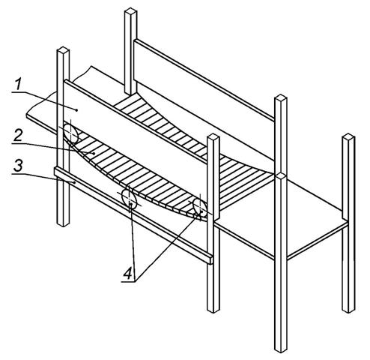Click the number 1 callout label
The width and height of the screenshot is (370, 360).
[17, 84]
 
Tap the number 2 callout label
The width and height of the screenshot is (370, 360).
[18, 135]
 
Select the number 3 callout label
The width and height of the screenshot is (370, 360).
[18, 166]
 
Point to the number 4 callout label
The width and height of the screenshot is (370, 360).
[127, 273]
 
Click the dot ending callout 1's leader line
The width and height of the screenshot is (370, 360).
[76, 110]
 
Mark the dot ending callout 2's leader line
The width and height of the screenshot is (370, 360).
[94, 154]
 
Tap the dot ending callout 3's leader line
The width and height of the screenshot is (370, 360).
[75, 182]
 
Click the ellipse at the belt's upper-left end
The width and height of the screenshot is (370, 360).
[70, 133]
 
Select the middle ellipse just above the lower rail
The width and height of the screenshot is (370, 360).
[129, 199]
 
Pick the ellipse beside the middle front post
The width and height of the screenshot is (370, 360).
[200, 206]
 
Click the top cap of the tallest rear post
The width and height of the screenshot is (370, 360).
[130, 11]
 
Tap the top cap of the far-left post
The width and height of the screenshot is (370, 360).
[63, 50]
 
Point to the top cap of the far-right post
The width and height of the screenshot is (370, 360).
[348, 136]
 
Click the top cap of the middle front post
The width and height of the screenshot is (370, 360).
[213, 137]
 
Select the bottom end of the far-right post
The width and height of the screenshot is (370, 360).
[348, 310]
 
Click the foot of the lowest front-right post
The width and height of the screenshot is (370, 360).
[281, 349]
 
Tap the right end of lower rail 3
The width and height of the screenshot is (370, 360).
[211, 260]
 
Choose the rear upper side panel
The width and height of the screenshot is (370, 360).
[204, 99]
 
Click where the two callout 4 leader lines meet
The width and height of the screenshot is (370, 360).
[135, 281]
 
